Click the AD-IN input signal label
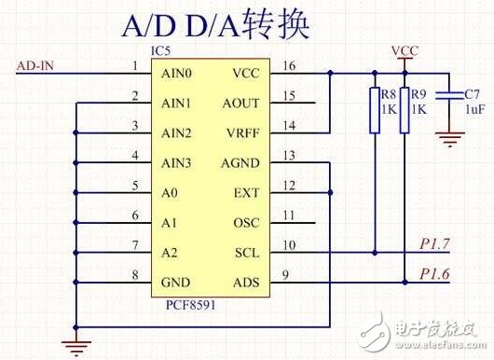[x=38, y=64]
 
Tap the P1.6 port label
[x=436, y=273]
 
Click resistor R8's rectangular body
[x=375, y=110]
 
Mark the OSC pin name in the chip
[x=244, y=223]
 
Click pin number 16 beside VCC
[x=289, y=65]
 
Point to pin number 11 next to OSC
[x=289, y=215]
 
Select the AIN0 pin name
[x=176, y=73]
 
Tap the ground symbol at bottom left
[x=75, y=347]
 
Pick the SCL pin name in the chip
[x=245, y=253]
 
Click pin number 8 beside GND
[x=135, y=275]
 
